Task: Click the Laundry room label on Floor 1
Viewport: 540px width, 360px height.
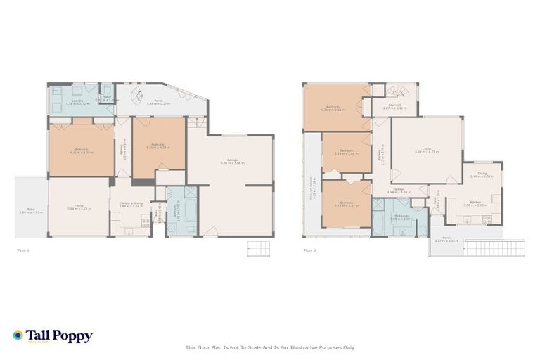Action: coord(77,102)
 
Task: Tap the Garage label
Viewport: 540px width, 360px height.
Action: coord(229,161)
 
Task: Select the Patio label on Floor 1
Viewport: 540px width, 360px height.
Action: coord(31,210)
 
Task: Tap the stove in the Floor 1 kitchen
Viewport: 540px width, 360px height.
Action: coord(145,223)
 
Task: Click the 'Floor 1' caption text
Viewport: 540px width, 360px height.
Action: coord(23,250)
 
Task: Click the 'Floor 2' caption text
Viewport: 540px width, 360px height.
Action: coord(309,250)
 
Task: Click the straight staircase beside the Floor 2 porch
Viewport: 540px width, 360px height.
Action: coord(499,247)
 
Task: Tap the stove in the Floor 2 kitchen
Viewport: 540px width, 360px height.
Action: coord(484,219)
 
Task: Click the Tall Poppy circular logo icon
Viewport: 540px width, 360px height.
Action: coord(18,336)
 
